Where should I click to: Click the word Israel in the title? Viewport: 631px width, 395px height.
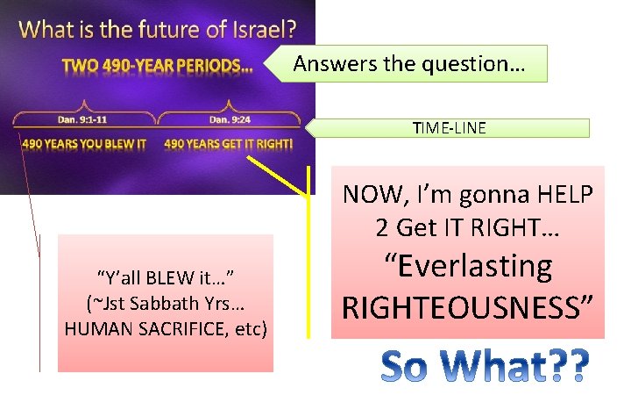(x=254, y=29)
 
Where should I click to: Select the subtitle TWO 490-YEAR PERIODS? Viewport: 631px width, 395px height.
(x=157, y=65)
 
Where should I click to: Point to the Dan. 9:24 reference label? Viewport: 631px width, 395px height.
(x=229, y=119)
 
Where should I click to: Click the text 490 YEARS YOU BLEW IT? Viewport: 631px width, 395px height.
(x=84, y=144)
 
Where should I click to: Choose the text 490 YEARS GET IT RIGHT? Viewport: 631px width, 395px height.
(x=229, y=144)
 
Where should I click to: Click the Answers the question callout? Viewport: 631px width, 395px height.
(x=409, y=64)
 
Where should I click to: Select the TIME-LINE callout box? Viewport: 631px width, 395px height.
(x=450, y=128)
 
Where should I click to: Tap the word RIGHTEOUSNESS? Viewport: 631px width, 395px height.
(x=468, y=307)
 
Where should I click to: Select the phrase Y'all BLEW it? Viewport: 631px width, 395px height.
(x=165, y=278)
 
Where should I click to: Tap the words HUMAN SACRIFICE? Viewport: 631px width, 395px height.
(x=152, y=328)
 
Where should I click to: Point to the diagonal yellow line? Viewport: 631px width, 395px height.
(x=276, y=176)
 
